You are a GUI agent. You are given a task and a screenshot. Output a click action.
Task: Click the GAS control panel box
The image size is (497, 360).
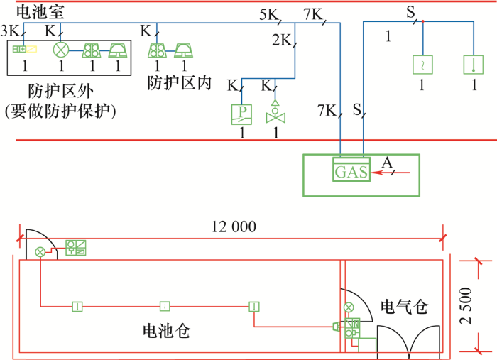tap(351, 169)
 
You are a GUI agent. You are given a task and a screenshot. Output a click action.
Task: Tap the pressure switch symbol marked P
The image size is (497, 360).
tap(241, 114)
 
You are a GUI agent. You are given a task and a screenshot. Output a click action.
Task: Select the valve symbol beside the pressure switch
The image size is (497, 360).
tap(275, 112)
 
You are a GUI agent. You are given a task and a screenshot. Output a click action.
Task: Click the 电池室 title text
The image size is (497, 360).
tap(40, 12)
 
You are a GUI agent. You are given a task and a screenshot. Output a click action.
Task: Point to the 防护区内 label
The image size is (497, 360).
tap(180, 83)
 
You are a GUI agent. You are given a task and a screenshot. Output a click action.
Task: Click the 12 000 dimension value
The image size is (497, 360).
tap(234, 227)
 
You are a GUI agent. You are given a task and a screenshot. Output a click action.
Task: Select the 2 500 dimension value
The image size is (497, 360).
tap(465, 305)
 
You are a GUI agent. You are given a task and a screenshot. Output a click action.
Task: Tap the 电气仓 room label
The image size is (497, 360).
tap(405, 307)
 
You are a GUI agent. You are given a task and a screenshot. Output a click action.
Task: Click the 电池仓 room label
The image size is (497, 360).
tap(167, 331)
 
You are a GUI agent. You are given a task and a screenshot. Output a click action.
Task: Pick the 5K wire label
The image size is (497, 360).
tap(269, 14)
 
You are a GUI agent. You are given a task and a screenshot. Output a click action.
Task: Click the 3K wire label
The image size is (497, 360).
tap(11, 31)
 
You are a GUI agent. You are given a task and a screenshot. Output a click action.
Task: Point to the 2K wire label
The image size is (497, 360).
tap(282, 40)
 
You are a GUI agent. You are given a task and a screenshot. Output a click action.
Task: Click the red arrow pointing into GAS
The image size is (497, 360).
tap(390, 173)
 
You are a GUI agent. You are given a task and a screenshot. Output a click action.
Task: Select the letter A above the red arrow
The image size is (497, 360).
tap(387, 163)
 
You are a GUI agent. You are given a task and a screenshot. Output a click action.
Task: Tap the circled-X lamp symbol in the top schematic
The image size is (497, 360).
tap(61, 50)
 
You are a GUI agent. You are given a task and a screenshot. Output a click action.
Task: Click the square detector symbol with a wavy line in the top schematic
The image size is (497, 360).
tap(422, 65)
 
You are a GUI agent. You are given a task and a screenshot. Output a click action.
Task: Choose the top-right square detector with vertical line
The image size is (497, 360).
tap(474, 65)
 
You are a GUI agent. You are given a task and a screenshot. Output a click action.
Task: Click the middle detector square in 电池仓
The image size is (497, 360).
tap(165, 307)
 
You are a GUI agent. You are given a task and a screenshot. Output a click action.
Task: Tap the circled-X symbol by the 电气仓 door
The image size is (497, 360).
tap(349, 307)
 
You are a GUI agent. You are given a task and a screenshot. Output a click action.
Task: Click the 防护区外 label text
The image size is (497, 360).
tap(61, 92)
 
